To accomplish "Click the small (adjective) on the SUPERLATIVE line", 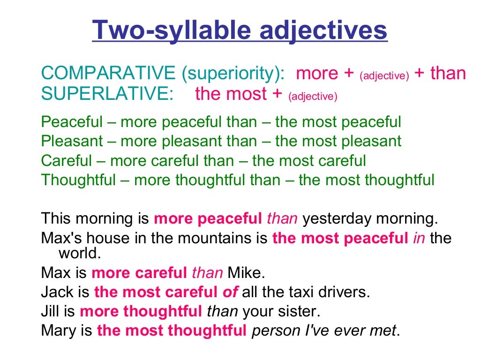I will [313, 97].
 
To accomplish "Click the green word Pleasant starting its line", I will [70, 141].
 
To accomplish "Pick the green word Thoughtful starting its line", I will [78, 180].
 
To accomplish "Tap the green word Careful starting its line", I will [67, 161].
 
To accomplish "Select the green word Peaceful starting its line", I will [72, 122].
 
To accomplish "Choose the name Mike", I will [247, 273].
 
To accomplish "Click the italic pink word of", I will [230, 292].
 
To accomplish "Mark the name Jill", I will [52, 312].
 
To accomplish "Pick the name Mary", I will [59, 331].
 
